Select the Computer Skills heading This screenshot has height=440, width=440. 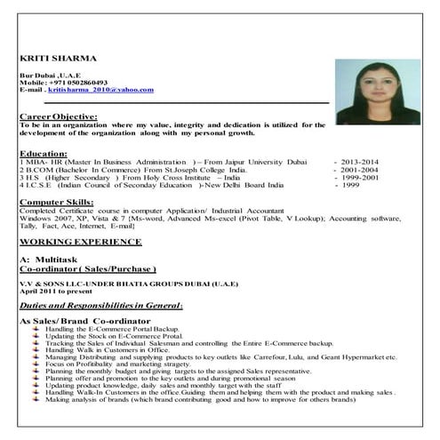click(x=54, y=201)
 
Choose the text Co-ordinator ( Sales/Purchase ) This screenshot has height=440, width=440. click(x=87, y=267)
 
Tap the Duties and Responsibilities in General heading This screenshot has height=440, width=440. click(x=100, y=305)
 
